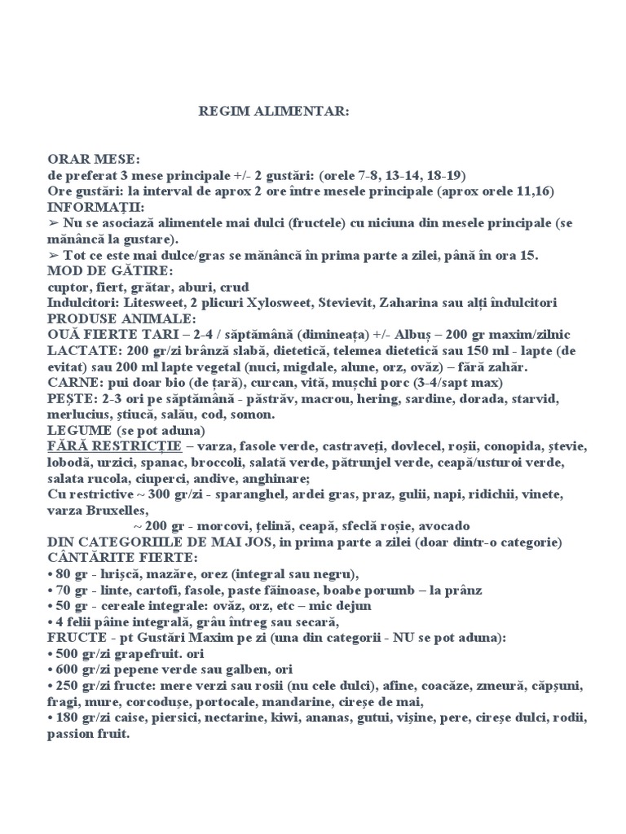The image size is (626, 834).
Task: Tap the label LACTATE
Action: point(79,350)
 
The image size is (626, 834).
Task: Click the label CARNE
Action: point(73,382)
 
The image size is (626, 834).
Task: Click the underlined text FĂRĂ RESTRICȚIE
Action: point(112,446)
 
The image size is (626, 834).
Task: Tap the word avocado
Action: point(442,526)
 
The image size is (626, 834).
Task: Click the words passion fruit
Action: point(88,734)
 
